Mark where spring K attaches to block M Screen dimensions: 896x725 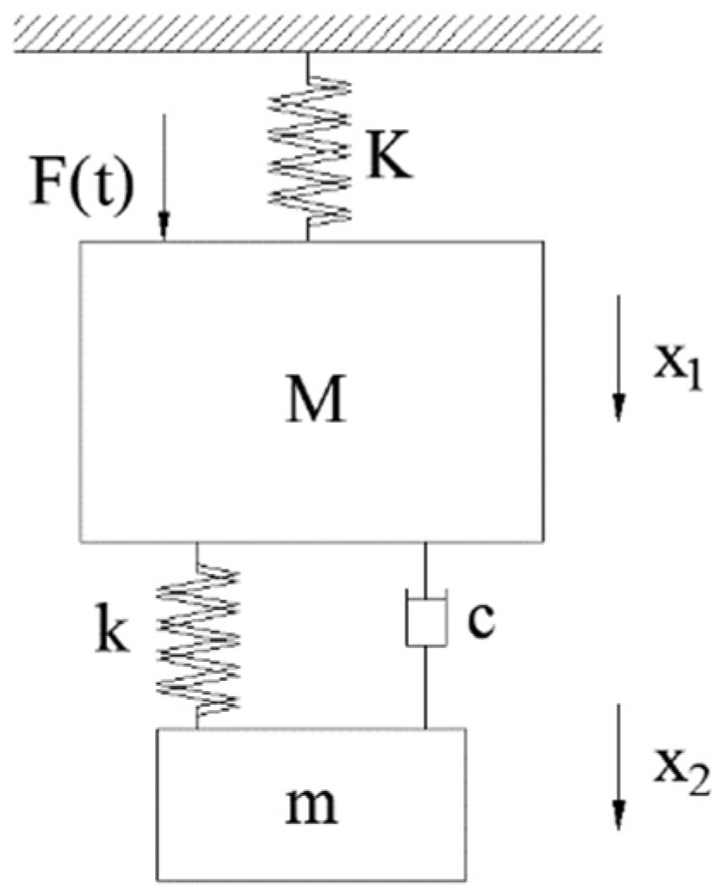coord(309,240)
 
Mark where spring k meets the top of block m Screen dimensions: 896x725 coord(199,727)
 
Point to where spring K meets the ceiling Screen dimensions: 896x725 coord(309,54)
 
